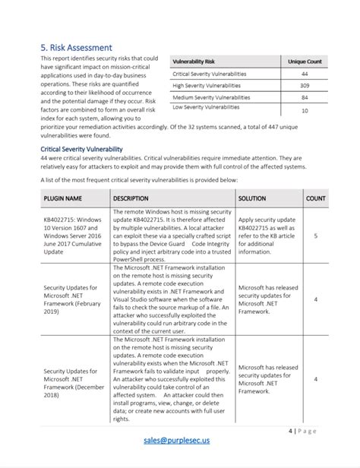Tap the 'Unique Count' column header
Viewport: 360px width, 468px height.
point(305,61)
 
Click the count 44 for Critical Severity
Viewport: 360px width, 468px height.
point(305,74)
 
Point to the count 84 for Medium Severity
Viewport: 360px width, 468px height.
point(305,97)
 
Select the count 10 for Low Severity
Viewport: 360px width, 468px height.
point(305,110)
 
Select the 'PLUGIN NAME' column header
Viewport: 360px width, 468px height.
point(62,198)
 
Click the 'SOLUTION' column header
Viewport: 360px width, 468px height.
point(252,198)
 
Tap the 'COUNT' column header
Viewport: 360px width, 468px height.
point(315,198)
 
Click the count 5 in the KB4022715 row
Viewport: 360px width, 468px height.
point(315,236)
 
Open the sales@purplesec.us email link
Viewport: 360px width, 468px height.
point(181,440)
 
